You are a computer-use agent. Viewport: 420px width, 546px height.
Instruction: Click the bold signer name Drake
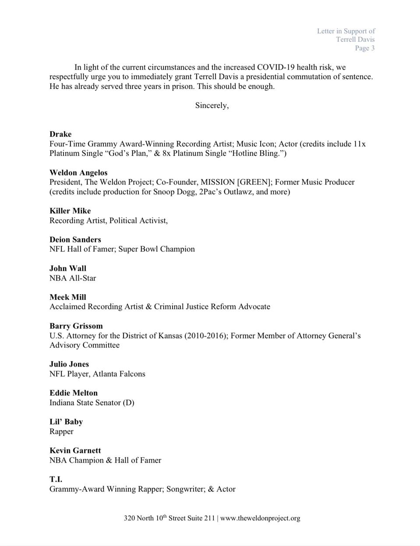click(60, 134)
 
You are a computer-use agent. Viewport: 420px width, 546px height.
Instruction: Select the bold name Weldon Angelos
click(78, 172)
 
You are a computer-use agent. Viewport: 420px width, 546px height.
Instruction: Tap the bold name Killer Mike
click(70, 210)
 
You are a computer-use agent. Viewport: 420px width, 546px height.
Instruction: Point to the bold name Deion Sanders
click(75, 239)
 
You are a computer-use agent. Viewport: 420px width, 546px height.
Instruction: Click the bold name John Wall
click(68, 268)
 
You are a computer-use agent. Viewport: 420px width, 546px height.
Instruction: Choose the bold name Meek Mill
click(68, 297)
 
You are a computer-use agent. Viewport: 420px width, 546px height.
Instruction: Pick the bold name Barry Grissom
click(76, 326)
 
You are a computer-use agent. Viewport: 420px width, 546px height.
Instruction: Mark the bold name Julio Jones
click(69, 364)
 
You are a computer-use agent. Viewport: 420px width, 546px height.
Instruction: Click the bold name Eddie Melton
click(74, 393)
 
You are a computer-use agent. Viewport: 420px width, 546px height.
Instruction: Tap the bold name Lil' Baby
click(66, 422)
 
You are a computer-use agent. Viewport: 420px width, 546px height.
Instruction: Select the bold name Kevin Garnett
click(75, 450)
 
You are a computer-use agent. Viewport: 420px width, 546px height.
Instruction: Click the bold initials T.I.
click(56, 479)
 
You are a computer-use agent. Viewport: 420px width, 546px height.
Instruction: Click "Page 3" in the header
click(365, 48)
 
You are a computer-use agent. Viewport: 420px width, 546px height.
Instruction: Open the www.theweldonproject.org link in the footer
click(260, 518)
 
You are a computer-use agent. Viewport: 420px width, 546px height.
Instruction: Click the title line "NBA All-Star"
click(73, 278)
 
